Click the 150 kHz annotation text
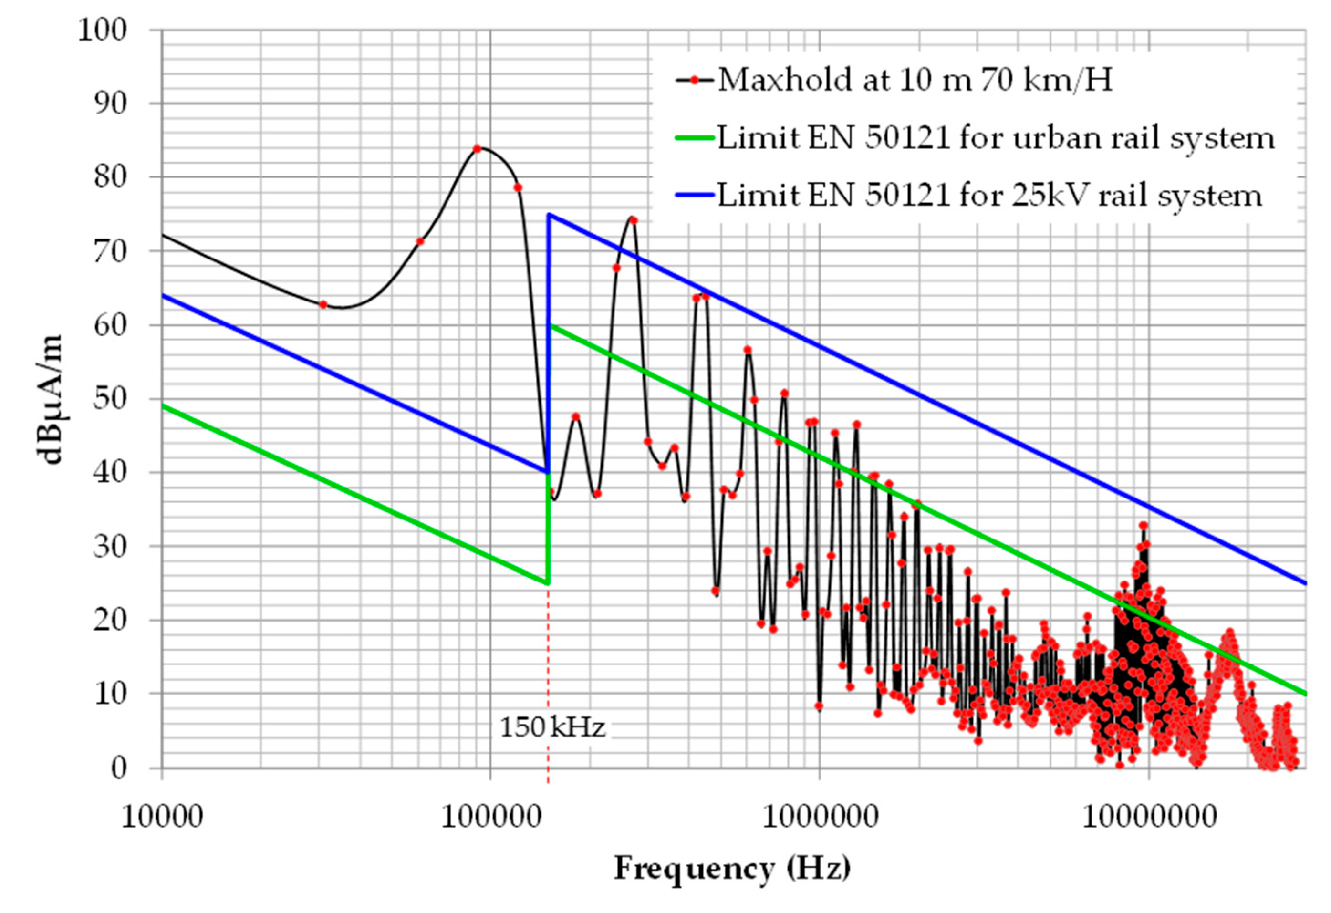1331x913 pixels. coord(552,728)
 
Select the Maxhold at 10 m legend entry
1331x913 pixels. coord(914,80)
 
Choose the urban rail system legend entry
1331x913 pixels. coord(995,138)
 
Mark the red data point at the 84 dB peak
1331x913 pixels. coord(477,149)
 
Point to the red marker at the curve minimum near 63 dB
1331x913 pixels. coord(323,305)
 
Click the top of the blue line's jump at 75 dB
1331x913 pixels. coord(549,214)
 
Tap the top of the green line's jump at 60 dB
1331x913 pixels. coord(549,325)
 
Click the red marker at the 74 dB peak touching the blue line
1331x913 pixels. coord(634,220)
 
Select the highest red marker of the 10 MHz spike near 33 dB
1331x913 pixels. coord(1143,525)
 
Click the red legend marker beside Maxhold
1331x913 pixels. coord(695,80)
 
